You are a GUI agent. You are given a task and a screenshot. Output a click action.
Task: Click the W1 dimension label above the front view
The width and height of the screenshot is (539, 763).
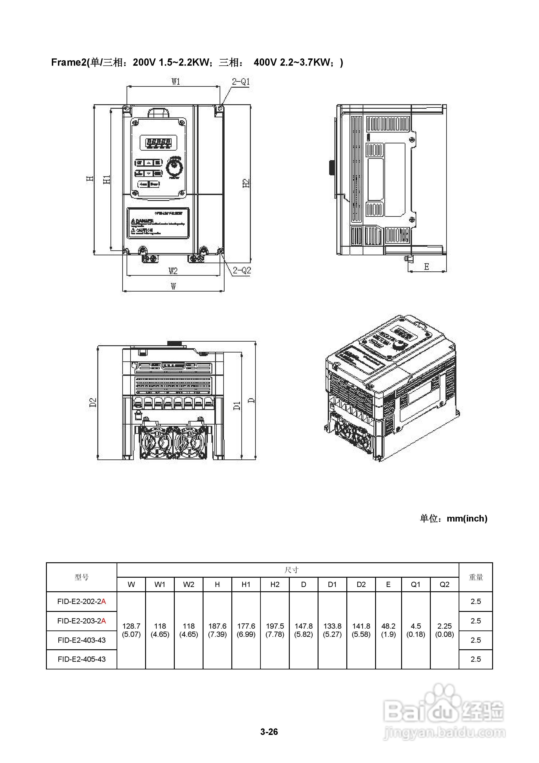click(x=176, y=81)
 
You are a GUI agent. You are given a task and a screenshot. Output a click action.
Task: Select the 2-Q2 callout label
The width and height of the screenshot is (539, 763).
click(x=242, y=270)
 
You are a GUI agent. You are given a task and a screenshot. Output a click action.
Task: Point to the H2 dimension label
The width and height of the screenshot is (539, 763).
click(x=246, y=183)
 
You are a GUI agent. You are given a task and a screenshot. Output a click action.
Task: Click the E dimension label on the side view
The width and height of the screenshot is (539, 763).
click(x=426, y=266)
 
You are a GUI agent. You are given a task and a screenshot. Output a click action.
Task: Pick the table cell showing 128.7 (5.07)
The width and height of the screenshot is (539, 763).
click(x=131, y=630)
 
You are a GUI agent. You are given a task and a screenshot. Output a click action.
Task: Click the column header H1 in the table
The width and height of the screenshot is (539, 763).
click(x=246, y=584)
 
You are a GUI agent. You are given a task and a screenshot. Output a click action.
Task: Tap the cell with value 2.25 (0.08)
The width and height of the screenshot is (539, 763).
click(x=444, y=630)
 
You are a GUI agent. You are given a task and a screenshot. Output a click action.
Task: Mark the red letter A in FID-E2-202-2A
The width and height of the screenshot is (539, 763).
click(x=104, y=601)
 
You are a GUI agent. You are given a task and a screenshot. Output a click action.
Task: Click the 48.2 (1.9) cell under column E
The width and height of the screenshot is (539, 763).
click(x=388, y=630)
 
